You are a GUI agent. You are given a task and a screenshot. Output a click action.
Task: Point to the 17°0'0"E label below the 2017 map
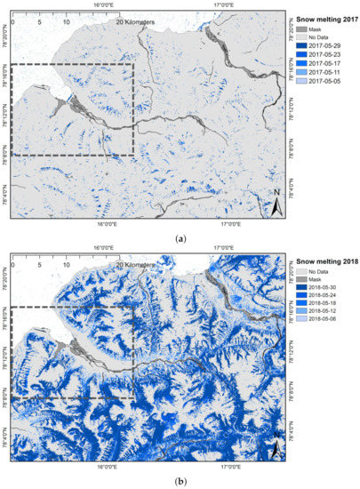coord(231,224)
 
